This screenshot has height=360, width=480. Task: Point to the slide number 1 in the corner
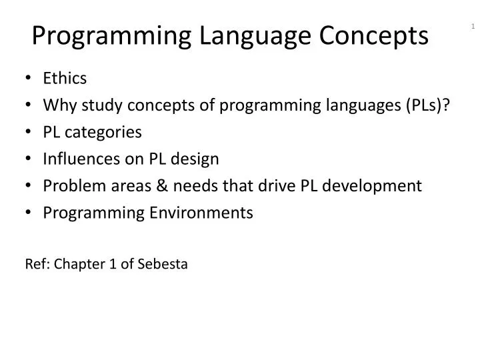(x=473, y=27)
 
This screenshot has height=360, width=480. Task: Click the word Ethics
(x=65, y=79)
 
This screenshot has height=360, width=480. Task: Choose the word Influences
(x=78, y=159)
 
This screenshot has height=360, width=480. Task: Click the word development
(x=377, y=185)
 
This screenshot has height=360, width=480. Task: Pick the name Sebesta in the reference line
(x=163, y=264)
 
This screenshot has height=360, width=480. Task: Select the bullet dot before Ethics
(x=31, y=79)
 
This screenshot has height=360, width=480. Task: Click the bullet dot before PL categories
(x=31, y=132)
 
